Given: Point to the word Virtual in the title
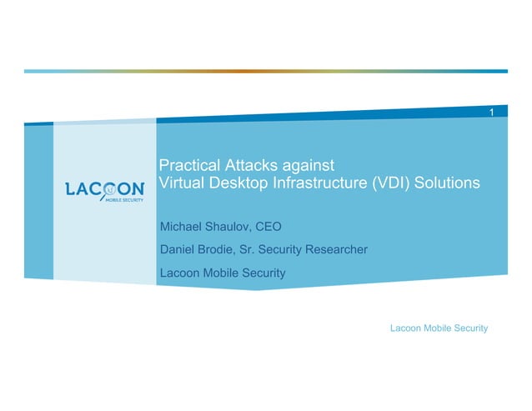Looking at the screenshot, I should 180,183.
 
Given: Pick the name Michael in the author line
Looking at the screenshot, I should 181,226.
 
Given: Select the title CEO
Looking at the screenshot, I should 270,226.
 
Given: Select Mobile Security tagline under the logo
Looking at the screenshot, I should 123,202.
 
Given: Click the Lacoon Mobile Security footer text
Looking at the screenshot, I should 439,328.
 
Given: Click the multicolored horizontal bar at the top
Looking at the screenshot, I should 265,71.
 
